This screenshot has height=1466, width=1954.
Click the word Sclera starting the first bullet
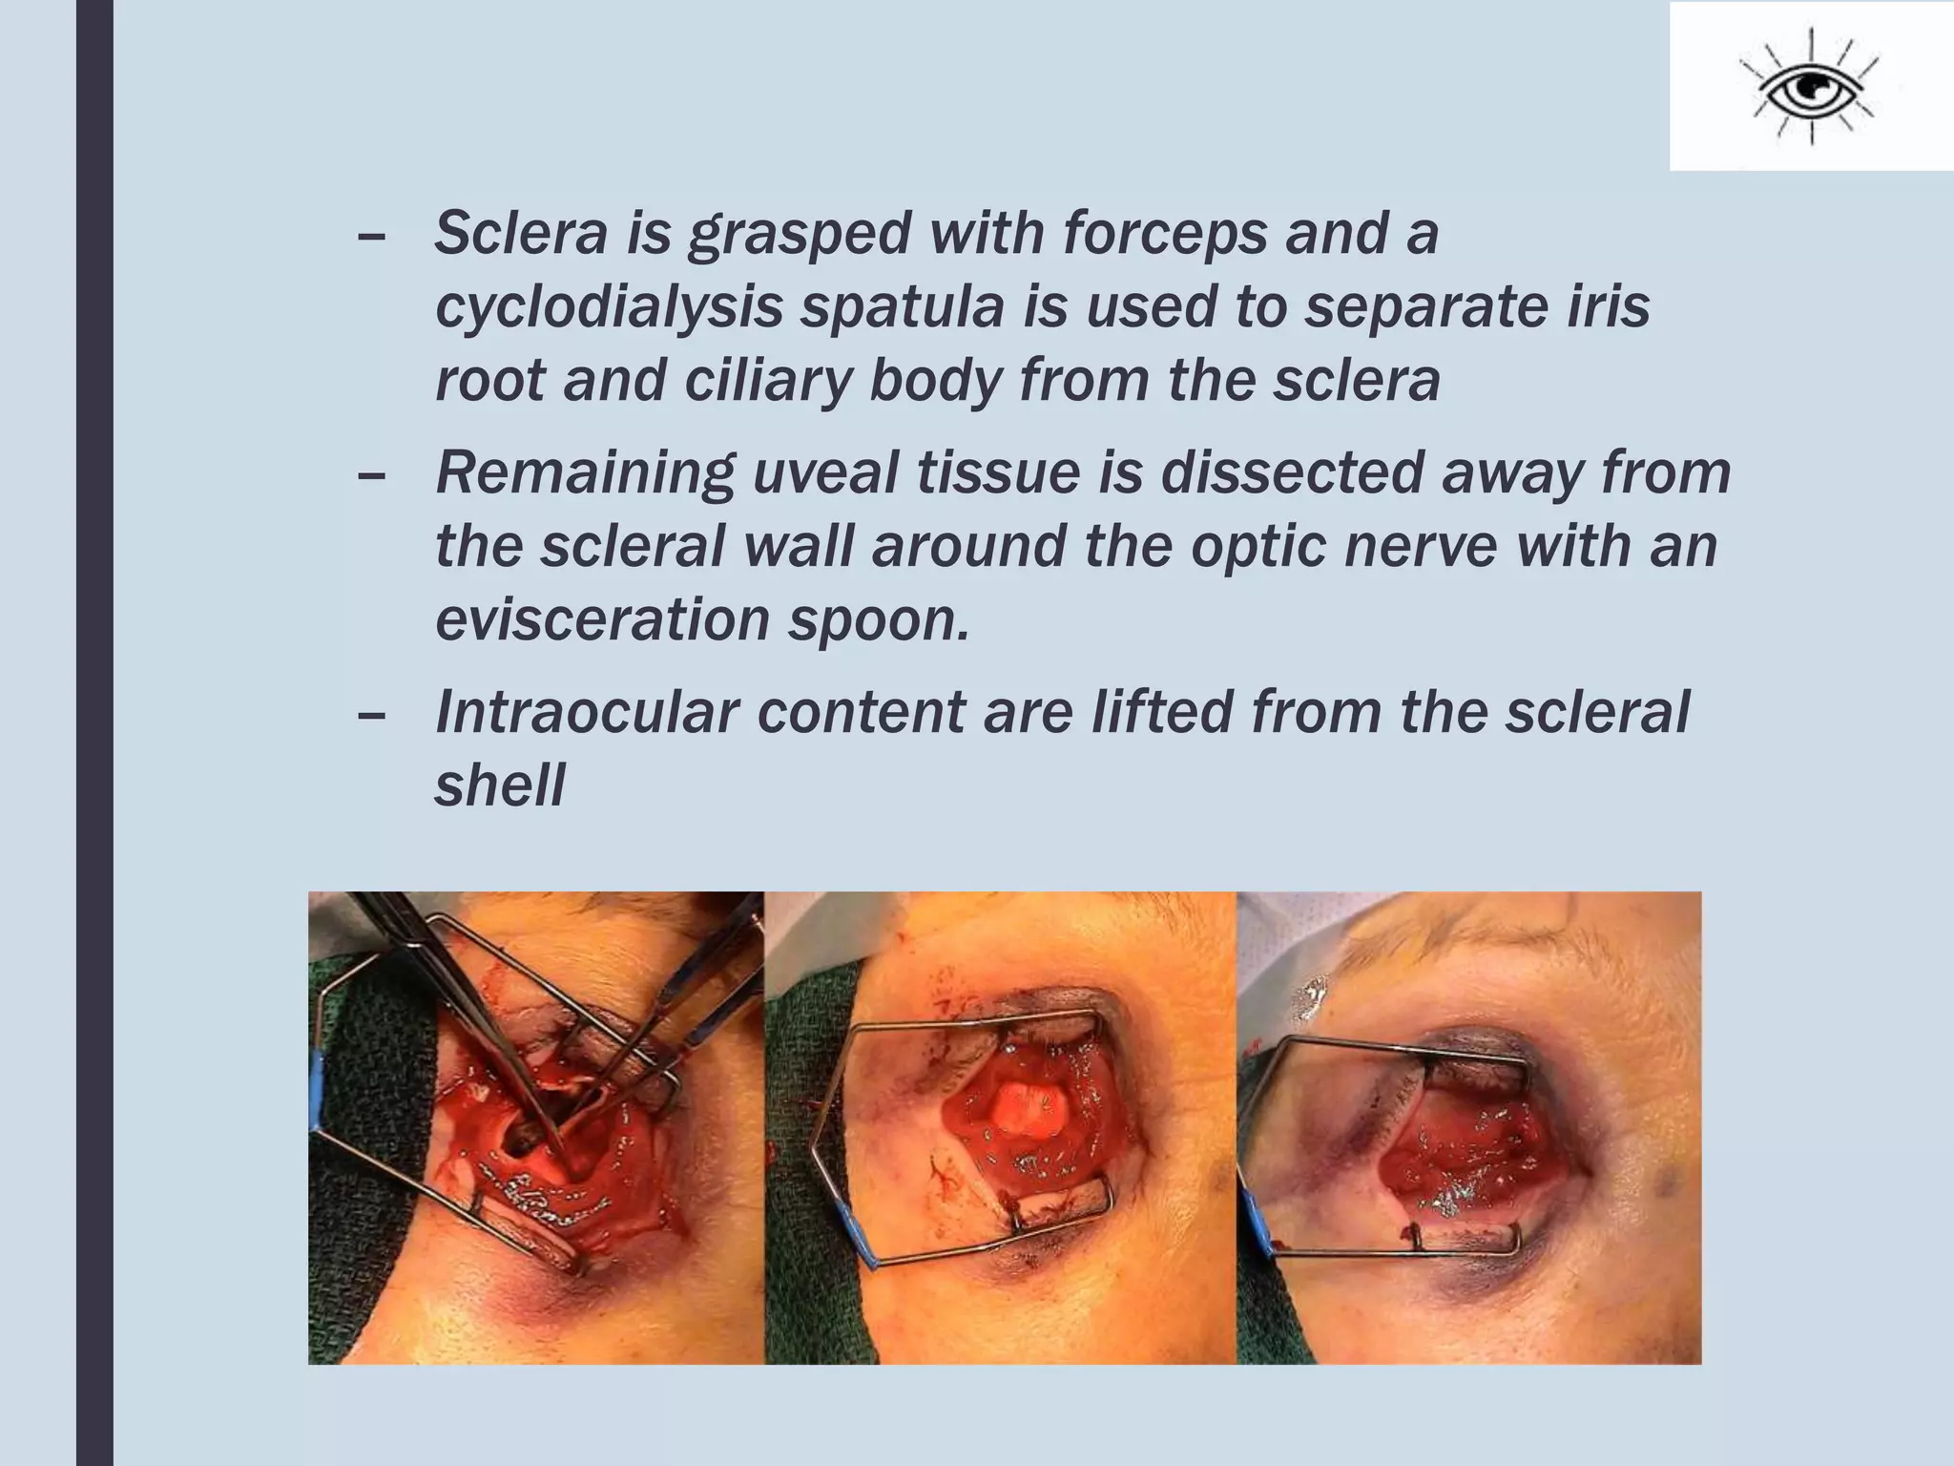521,233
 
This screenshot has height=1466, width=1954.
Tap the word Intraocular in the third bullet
587,712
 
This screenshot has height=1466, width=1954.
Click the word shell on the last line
500,785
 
